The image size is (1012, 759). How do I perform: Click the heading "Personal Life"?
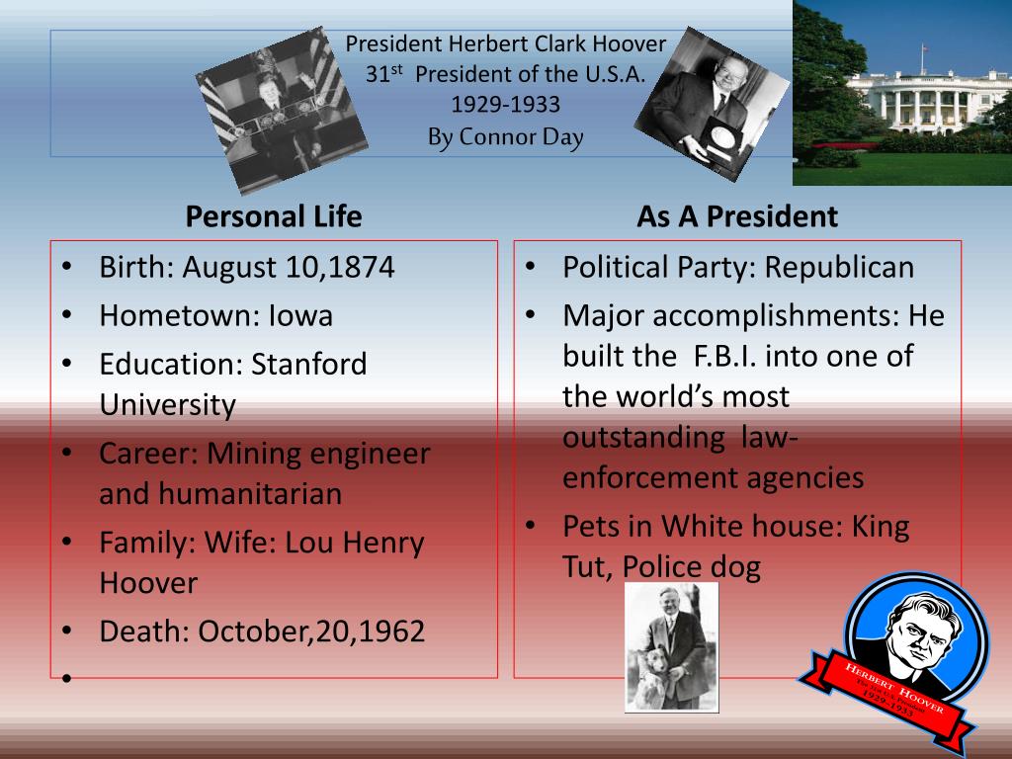274,216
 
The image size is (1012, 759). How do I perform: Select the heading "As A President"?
737,216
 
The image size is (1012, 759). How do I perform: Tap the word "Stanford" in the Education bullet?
308,364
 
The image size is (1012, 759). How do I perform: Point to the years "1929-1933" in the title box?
505,105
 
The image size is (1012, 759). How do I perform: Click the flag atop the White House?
924,48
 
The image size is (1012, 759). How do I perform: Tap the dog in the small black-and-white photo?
653,678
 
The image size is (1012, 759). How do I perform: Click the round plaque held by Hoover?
720,138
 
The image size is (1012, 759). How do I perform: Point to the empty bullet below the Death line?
66,678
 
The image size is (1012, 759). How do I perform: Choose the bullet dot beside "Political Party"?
531,267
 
